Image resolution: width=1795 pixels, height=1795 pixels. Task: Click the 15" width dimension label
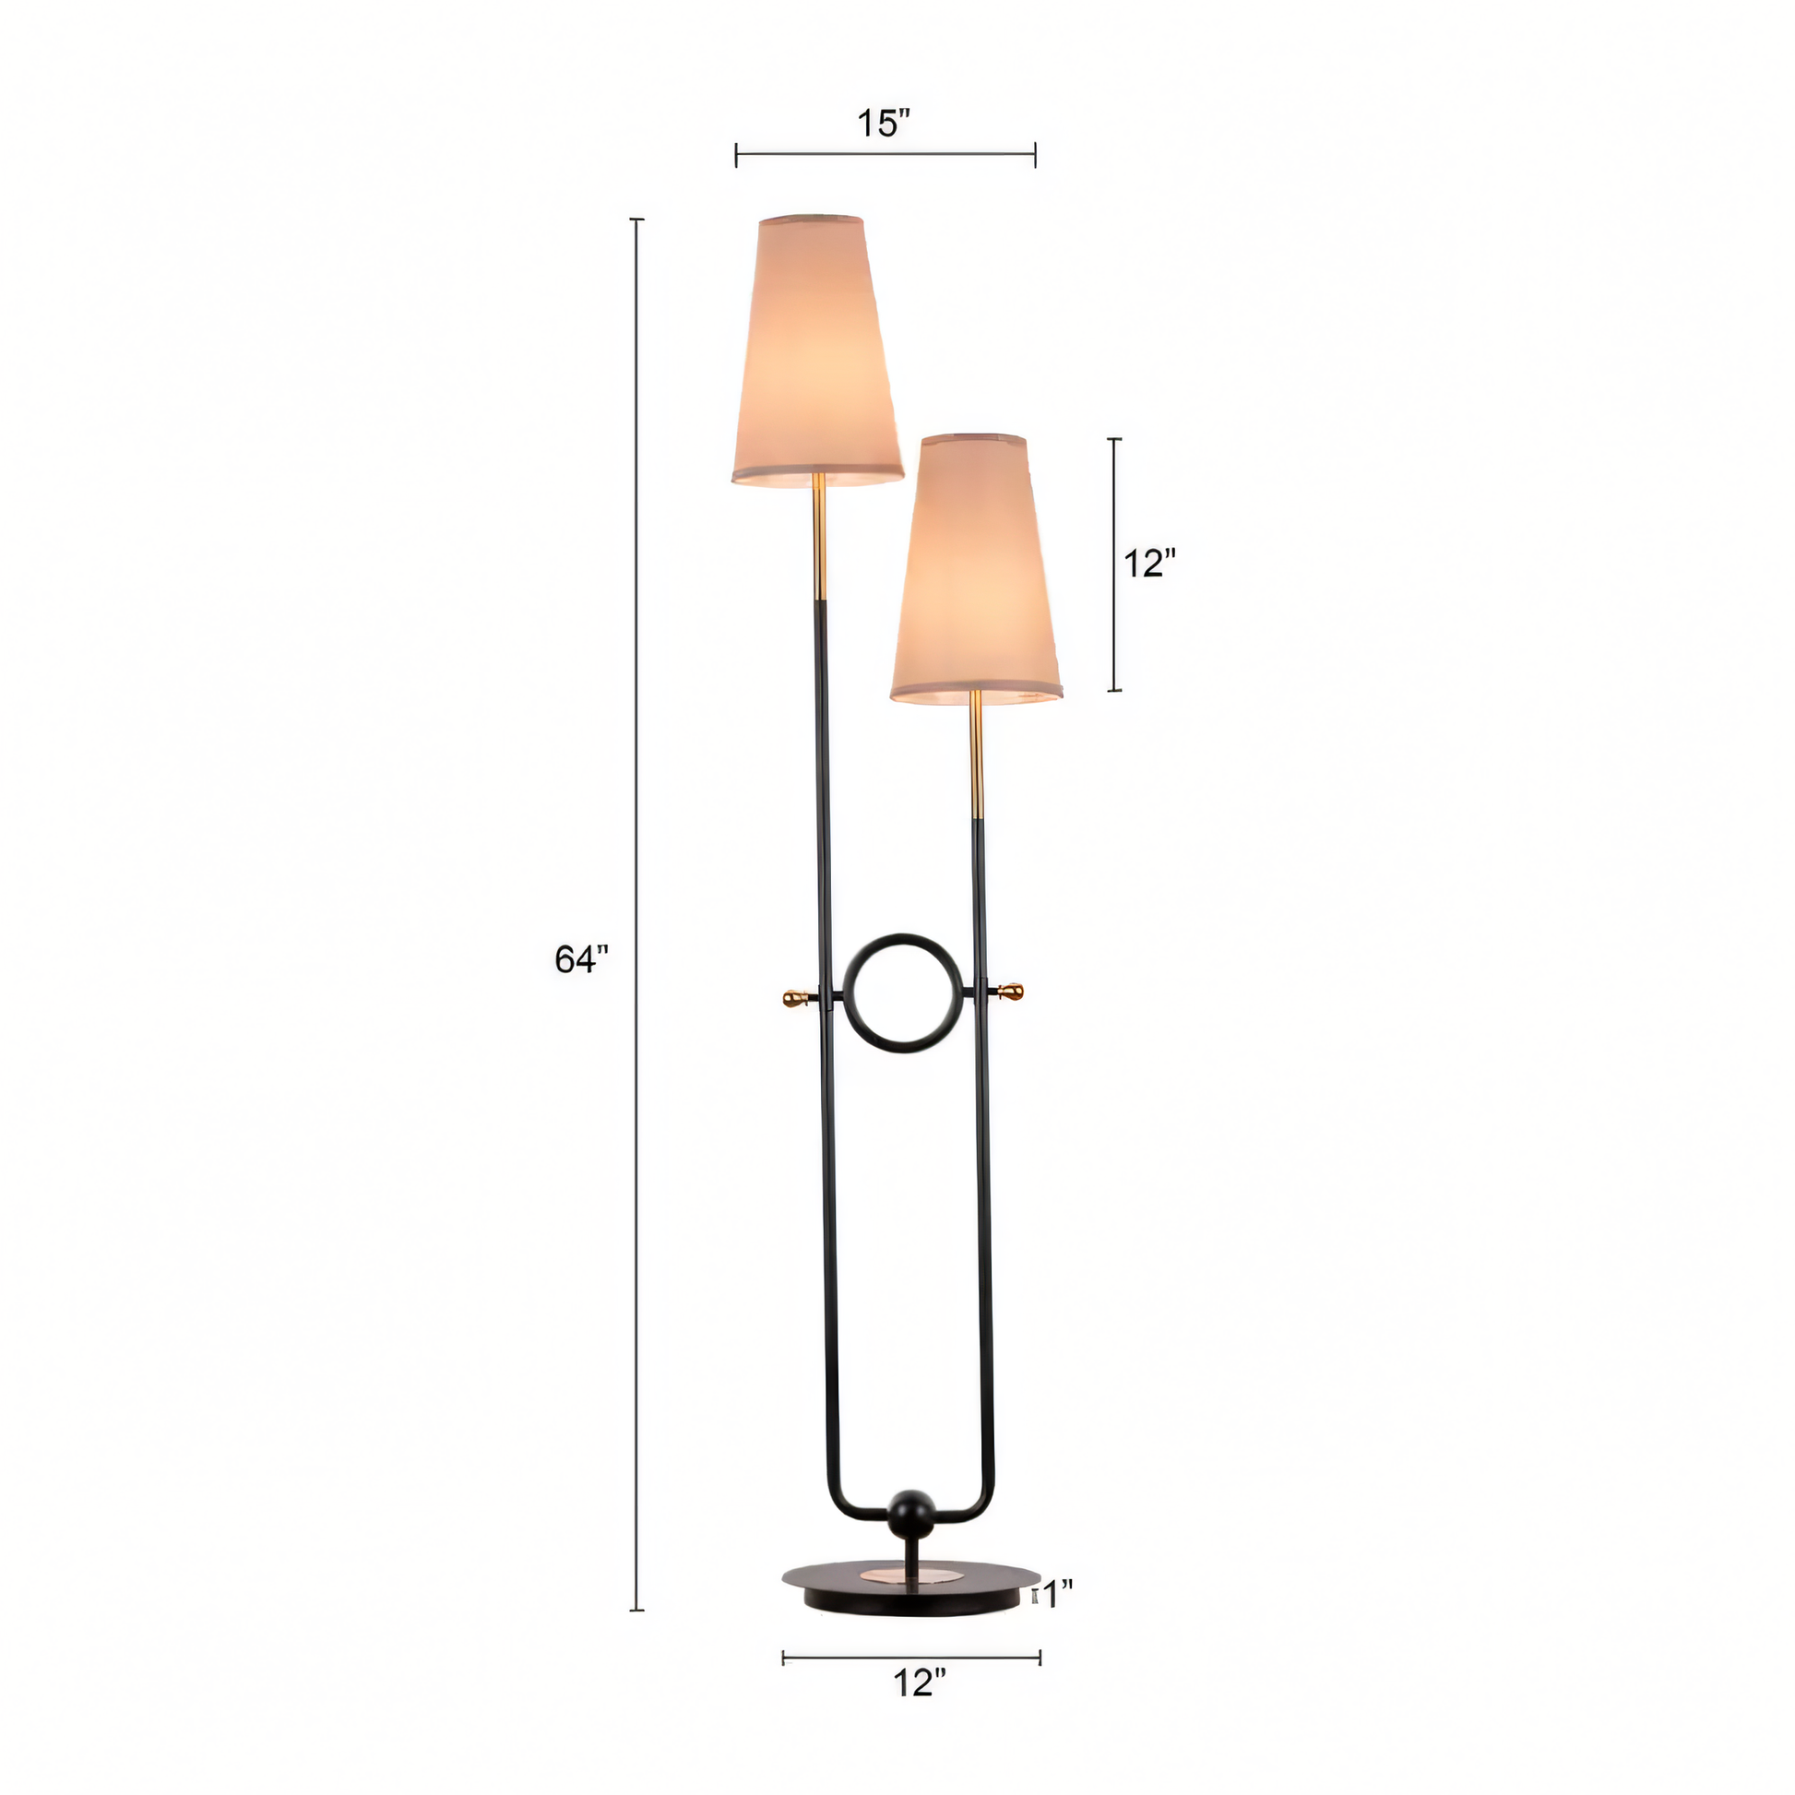(x=883, y=124)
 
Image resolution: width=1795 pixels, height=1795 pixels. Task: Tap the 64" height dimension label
(x=581, y=958)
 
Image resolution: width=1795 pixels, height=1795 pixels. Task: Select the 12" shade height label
(x=1149, y=563)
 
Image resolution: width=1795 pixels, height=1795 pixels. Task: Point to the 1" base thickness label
(x=1055, y=1596)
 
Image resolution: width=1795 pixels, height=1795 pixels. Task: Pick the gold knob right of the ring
(x=1011, y=992)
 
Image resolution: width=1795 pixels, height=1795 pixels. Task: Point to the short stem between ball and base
(x=912, y=1552)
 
